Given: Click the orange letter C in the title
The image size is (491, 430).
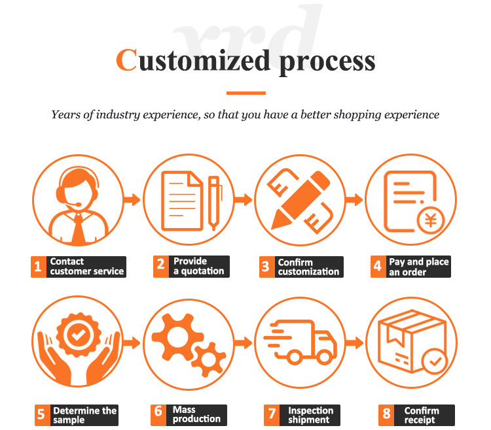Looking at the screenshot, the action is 126,60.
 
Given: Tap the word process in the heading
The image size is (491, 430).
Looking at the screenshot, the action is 327,63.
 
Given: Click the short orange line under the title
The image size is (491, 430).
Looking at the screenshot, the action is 246,93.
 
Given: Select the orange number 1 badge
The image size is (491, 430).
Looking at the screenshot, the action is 39,267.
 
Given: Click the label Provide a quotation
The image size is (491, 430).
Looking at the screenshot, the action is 199,266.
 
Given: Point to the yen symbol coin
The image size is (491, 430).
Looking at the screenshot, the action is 431,220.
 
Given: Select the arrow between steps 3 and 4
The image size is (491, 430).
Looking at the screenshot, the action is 354,199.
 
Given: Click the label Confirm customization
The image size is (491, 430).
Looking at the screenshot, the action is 308,267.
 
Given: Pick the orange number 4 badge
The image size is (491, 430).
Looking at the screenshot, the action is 378,267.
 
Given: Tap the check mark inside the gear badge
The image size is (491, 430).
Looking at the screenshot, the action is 78,335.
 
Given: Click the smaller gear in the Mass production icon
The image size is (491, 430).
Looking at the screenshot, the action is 209,359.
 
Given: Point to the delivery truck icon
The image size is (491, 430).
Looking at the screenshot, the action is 300,342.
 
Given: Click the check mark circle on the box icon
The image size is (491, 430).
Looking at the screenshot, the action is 435,361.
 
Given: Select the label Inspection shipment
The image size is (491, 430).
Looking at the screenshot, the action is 310,415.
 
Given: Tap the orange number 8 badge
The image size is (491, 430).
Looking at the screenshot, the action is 386,415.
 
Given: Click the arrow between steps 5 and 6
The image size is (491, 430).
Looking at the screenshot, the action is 132,343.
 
